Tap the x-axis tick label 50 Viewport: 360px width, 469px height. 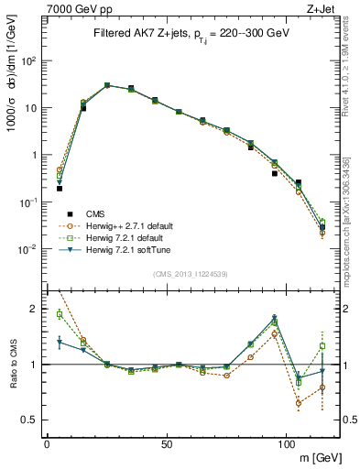pyautogui.click(x=167, y=442)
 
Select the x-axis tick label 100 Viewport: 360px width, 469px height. pyautogui.click(x=287, y=442)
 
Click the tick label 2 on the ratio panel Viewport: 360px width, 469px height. pyautogui.click(x=33, y=309)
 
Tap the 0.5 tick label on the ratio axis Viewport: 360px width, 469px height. pyautogui.click(x=29, y=420)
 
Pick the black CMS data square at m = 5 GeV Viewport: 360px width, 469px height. pyautogui.click(x=60, y=188)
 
